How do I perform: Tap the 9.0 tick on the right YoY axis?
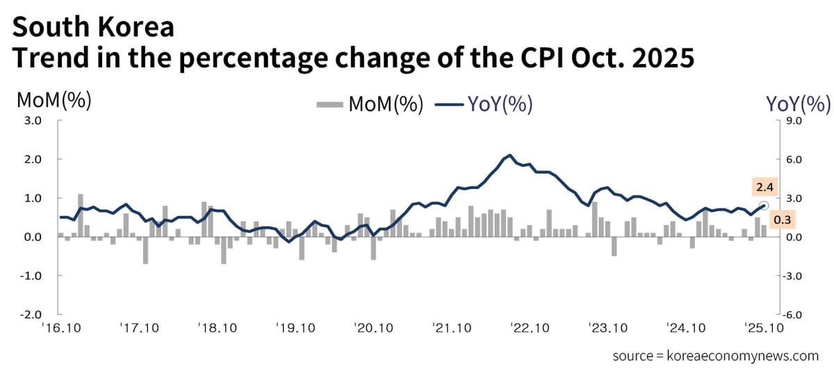[792, 120]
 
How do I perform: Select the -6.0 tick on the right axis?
[792, 314]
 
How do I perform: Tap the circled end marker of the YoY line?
[763, 206]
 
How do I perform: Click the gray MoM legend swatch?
[329, 105]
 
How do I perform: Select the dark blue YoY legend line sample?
[449, 105]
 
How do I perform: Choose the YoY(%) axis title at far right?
[798, 104]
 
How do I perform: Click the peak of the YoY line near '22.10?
[510, 155]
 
